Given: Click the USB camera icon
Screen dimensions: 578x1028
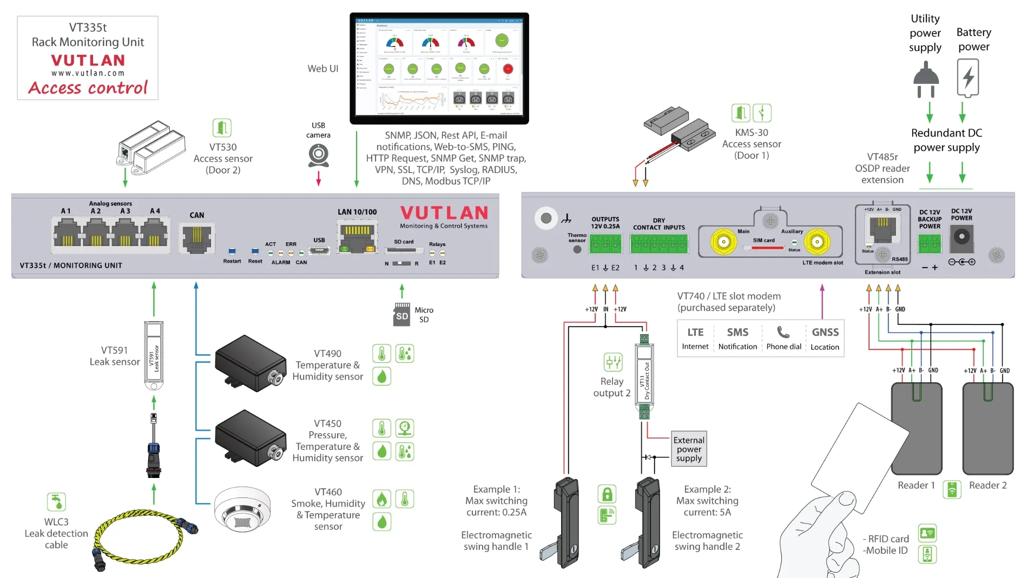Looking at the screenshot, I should tap(319, 155).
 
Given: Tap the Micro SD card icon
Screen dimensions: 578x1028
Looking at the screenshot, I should tap(401, 315).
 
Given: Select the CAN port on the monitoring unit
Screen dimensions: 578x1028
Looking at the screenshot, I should tap(197, 238).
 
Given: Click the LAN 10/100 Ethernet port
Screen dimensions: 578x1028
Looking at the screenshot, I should tap(357, 237).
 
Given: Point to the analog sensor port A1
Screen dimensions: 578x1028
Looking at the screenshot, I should tap(67, 234).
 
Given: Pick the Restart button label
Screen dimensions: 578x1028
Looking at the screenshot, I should tap(232, 261).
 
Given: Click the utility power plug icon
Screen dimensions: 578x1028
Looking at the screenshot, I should tap(926, 79).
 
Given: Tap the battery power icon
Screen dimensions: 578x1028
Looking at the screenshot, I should tap(968, 78).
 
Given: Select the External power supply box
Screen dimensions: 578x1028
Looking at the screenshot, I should tap(689, 449).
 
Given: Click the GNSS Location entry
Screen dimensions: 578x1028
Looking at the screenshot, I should tap(825, 338).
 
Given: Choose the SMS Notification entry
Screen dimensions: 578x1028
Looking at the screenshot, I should tap(737, 338).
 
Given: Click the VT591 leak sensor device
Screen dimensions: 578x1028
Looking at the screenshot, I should tap(154, 355).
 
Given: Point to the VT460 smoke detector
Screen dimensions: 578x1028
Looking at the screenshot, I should tap(242, 509).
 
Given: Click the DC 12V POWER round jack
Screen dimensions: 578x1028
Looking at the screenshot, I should tap(961, 237).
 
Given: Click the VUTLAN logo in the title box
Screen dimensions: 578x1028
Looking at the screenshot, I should tap(88, 60).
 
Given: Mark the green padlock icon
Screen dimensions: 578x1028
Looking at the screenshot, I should tap(607, 494).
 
